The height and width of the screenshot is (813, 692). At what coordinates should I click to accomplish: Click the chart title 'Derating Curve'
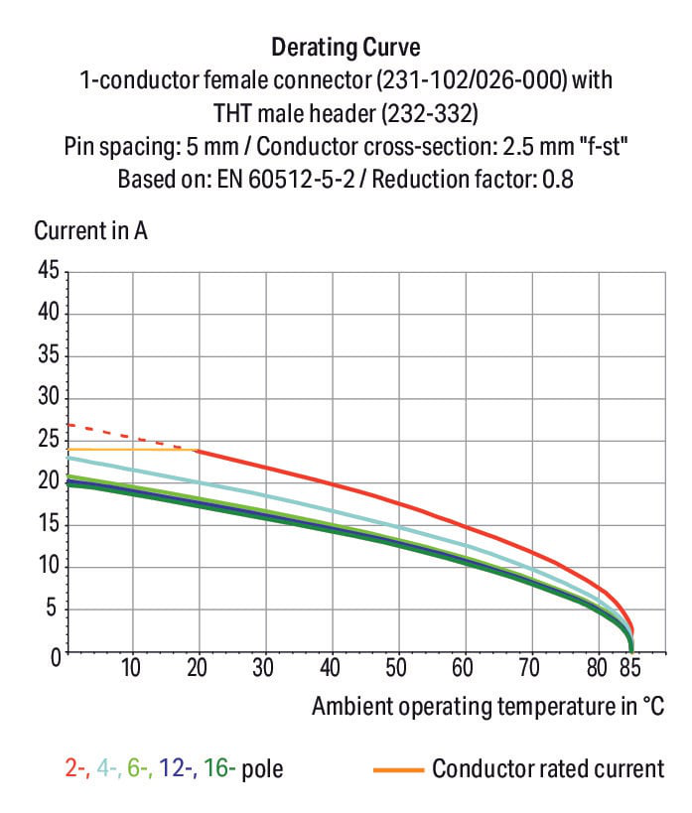(x=346, y=48)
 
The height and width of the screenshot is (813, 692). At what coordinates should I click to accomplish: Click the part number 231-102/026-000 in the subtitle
(x=472, y=80)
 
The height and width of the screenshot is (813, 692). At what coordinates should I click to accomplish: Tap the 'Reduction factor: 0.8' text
(x=473, y=180)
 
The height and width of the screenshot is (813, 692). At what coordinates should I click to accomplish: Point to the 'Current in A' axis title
(x=90, y=230)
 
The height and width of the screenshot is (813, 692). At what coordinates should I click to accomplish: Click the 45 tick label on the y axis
(x=49, y=270)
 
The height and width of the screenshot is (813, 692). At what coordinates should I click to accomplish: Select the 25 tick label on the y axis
(x=49, y=439)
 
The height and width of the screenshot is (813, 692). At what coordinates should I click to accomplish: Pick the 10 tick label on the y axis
(x=49, y=566)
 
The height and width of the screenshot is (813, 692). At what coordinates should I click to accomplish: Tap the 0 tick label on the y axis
(x=56, y=657)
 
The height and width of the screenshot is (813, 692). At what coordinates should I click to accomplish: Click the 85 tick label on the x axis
(x=630, y=668)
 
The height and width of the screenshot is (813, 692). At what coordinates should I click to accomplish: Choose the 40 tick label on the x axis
(x=330, y=668)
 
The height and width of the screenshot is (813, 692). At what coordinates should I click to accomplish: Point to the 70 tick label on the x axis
(x=529, y=668)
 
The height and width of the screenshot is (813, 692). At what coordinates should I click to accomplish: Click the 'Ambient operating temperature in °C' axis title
(x=487, y=707)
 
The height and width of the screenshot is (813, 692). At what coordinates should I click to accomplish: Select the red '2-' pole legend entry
(x=76, y=768)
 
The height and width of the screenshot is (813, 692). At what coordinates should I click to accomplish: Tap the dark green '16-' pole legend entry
(x=219, y=768)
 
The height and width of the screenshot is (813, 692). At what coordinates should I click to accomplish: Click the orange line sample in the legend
(x=398, y=770)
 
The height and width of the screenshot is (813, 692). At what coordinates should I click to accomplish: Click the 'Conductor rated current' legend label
(x=548, y=768)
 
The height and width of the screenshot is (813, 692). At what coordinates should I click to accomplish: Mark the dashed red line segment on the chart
(x=132, y=437)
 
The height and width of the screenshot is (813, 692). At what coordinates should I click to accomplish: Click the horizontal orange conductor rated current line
(x=132, y=449)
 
